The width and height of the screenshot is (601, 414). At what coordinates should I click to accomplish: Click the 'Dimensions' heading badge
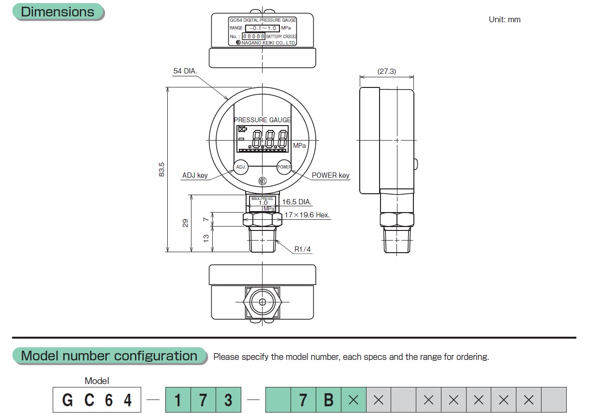pos(58,12)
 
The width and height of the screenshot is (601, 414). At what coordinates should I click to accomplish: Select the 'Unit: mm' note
pos(504,20)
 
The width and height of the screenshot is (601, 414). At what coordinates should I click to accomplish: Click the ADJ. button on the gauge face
pos(240,167)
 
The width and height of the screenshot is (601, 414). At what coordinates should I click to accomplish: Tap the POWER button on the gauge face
pos(284,167)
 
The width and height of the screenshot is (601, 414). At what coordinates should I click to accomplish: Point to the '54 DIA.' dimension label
pos(185,71)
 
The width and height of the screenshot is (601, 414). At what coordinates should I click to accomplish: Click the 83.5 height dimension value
pos(162,169)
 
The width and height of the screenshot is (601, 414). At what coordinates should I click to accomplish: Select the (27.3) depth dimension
pos(386,71)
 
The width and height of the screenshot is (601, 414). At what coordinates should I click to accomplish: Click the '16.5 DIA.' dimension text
pos(297,202)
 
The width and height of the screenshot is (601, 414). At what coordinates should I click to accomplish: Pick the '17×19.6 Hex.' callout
pos(307,215)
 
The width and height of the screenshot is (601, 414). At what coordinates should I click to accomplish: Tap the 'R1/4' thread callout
pos(303,249)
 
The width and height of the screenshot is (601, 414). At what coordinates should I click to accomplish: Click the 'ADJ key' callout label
pos(195,175)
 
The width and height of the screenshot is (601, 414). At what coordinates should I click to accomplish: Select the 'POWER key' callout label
pos(330,175)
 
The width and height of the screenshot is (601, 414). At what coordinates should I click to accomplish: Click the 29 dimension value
pos(185,223)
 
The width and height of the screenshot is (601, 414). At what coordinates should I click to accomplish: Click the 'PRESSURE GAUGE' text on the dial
pos(262,120)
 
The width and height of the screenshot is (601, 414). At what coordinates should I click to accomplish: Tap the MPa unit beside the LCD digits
pos(299,145)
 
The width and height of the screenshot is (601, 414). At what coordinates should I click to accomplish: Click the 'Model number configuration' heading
pos(109,356)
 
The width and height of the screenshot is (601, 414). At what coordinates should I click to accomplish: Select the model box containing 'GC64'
pos(97,400)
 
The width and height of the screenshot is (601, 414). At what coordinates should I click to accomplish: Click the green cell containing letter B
pos(328,400)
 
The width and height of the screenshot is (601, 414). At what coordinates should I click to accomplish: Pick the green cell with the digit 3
pos(228,400)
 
